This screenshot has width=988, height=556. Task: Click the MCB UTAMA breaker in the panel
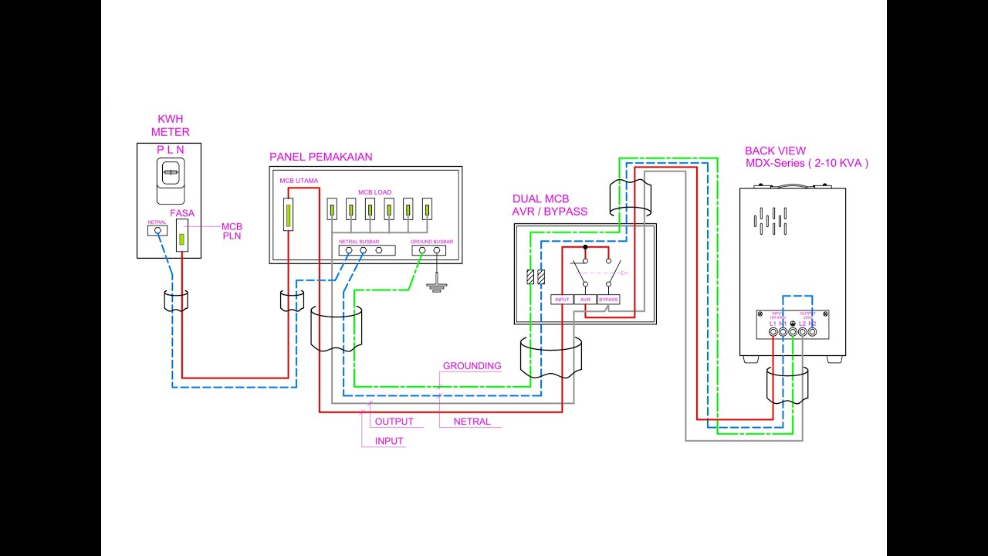[289, 214]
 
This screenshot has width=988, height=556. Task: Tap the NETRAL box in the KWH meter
[157, 229]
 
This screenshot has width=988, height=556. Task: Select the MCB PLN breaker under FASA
[183, 235]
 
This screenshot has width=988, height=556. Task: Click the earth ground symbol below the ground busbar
[437, 286]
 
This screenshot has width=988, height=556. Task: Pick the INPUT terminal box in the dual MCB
[562, 300]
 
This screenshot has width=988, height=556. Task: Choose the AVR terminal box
[586, 300]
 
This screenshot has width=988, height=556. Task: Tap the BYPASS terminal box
[609, 300]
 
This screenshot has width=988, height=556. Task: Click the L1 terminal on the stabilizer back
[773, 332]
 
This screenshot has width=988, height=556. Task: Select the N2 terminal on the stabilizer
[812, 332]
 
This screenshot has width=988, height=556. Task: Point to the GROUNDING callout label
[472, 366]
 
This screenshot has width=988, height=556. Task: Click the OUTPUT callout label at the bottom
[394, 422]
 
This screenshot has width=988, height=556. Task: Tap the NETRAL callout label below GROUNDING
[472, 422]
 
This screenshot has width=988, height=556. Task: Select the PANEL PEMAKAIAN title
[320, 157]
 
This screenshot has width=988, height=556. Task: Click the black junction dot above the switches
[585, 248]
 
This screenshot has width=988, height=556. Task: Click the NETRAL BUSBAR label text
[358, 242]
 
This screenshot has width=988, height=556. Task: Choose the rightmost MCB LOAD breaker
[427, 209]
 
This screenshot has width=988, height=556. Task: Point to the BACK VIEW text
[775, 151]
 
